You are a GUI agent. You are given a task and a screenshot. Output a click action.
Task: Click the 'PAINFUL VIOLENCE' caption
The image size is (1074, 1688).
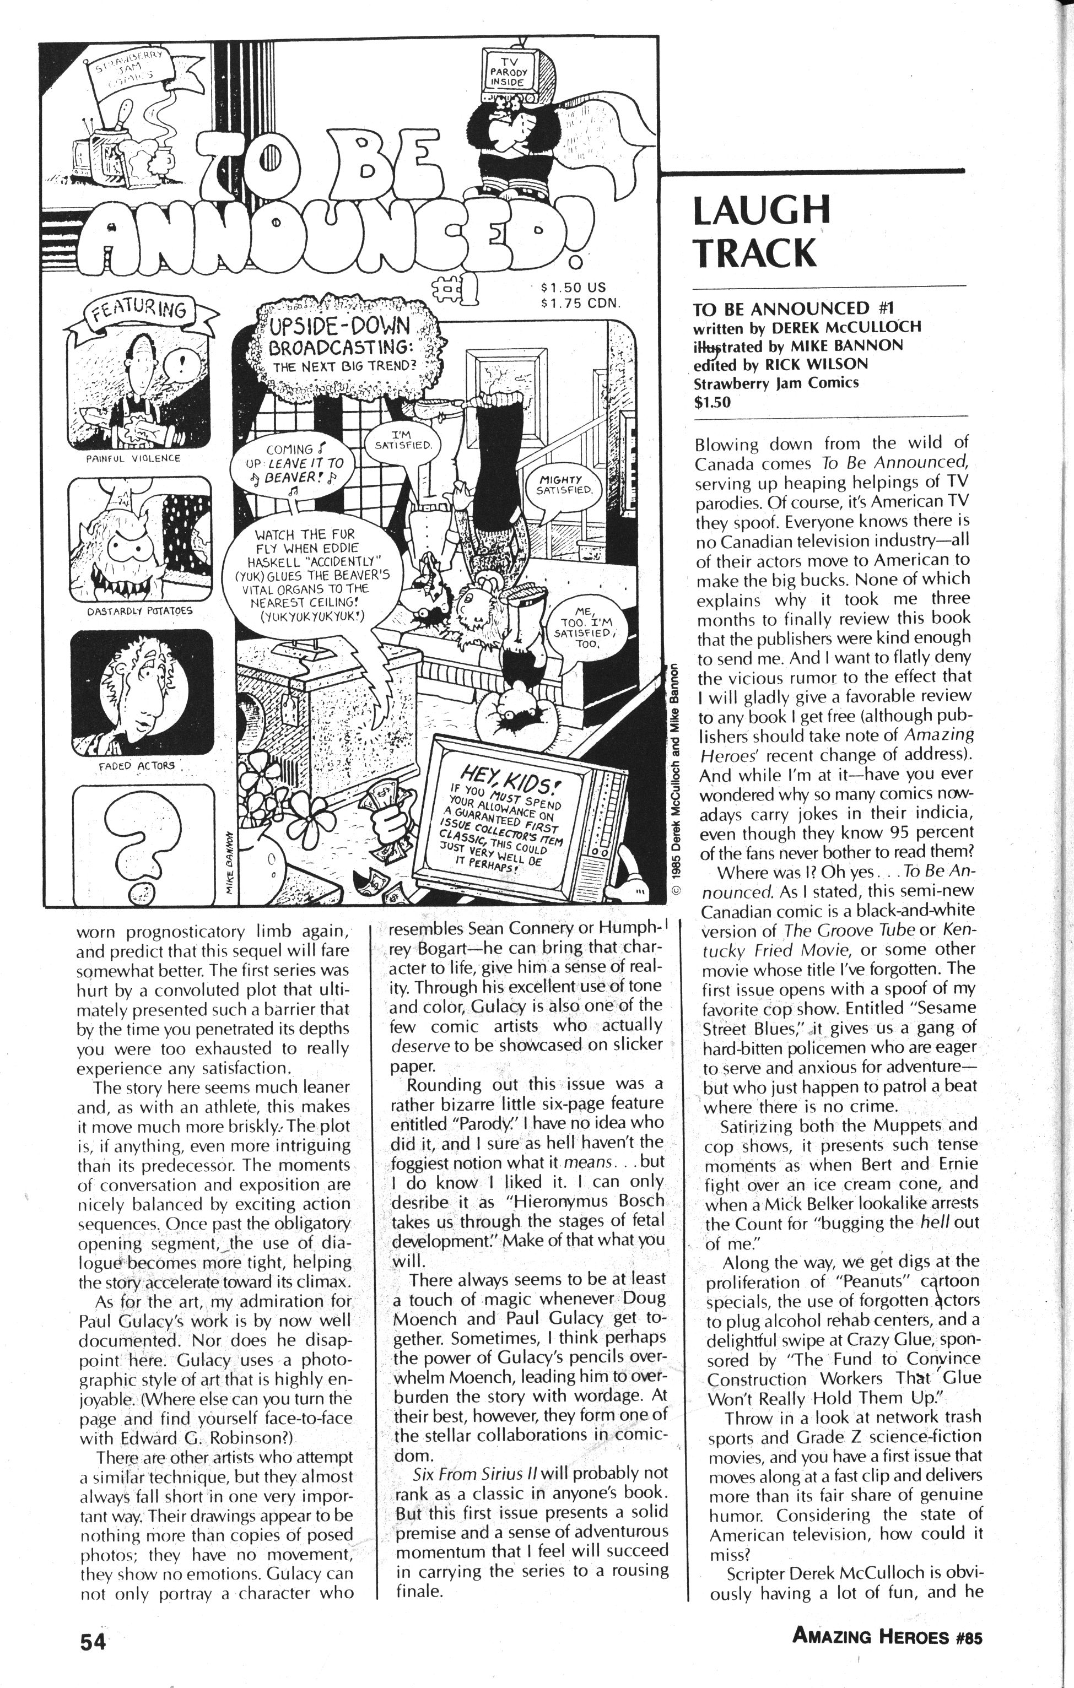133,458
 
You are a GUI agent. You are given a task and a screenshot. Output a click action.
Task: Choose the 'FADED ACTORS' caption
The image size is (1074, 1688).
136,765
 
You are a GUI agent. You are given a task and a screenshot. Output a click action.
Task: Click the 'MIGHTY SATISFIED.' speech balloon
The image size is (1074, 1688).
564,484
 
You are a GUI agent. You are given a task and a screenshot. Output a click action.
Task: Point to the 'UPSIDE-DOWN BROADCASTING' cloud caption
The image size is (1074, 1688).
343,343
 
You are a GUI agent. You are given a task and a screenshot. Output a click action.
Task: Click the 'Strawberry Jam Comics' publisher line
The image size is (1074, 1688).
775,383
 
